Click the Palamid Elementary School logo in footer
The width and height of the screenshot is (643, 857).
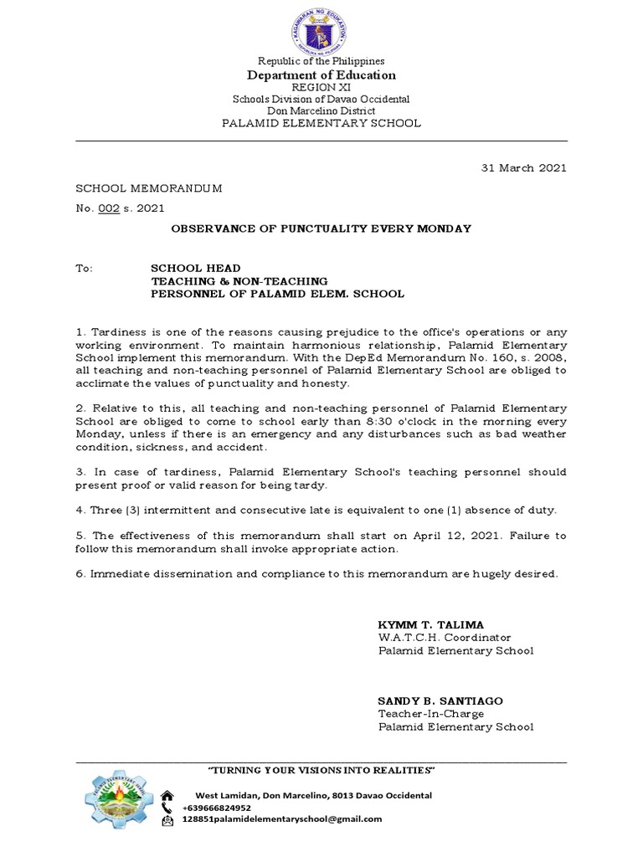tap(117, 799)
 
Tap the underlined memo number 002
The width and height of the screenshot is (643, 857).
tap(109, 208)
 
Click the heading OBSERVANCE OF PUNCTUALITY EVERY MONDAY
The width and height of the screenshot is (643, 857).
tap(321, 228)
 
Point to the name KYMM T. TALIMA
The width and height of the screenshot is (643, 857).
tap(431, 625)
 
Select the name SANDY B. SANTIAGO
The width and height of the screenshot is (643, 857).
tap(440, 700)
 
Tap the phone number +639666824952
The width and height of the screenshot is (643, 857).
tap(216, 808)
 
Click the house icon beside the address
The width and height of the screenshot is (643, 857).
tap(167, 796)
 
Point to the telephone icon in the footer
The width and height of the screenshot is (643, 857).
tap(167, 808)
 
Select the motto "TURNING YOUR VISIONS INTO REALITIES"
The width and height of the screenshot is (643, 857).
tap(321, 770)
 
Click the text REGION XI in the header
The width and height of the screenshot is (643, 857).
tap(321, 87)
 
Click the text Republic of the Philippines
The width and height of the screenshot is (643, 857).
tap(321, 61)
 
